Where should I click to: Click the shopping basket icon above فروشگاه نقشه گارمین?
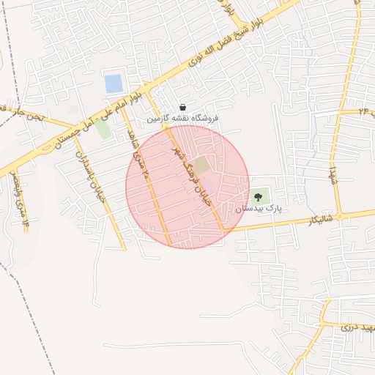pos(182,107)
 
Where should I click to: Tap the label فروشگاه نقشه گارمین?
pos(182,118)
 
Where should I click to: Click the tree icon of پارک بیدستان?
pos(257,196)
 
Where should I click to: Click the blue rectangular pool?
pos(114,83)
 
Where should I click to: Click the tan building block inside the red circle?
pos(200,166)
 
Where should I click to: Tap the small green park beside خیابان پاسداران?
pos(103,130)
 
